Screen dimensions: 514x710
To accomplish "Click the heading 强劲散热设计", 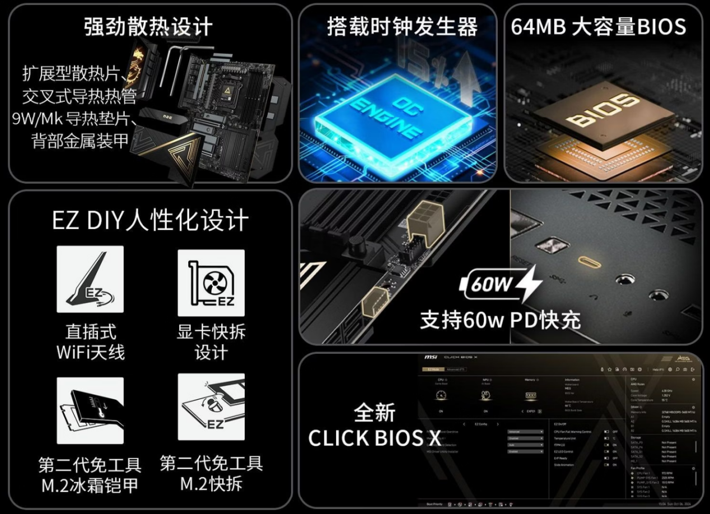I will tap(148, 27).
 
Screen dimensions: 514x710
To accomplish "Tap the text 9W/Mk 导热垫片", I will tap(75, 119).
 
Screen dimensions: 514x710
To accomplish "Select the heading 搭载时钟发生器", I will tap(402, 27).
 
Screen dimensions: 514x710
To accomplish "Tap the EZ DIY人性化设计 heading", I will tap(150, 220).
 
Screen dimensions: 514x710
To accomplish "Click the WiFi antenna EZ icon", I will tap(90, 279).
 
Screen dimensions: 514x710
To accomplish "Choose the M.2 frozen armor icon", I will tap(90, 410).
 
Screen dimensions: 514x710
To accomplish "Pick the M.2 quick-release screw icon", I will tap(211, 406).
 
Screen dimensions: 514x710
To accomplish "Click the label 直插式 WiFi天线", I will tap(90, 342).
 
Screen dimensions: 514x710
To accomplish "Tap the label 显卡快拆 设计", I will tap(211, 342).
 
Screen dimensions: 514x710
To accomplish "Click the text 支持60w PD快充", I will tap(500, 320).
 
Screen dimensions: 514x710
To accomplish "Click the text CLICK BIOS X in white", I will tap(375, 438).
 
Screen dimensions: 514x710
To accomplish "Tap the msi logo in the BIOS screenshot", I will tap(431, 357).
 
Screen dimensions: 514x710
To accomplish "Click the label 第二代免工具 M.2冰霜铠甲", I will tap(90, 475).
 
